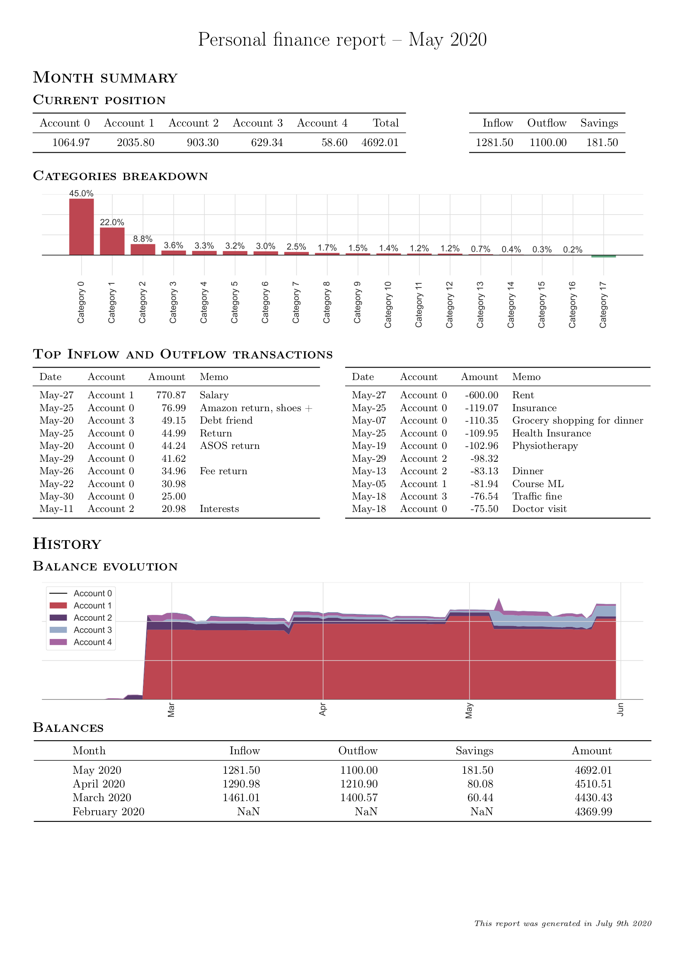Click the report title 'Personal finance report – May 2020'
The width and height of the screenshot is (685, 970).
pyautogui.click(x=342, y=40)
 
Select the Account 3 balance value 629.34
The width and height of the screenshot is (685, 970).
pyautogui.click(x=267, y=142)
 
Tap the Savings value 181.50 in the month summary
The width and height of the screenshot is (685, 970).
pyautogui.click(x=602, y=142)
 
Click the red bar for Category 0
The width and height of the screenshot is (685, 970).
pyautogui.click(x=82, y=227)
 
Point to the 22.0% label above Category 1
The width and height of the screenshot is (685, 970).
pyautogui.click(x=112, y=222)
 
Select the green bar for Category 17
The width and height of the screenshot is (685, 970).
pyautogui.click(x=603, y=256)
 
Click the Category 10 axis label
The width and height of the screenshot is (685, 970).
pyautogui.click(x=388, y=305)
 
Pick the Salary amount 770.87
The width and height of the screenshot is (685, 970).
pyautogui.click(x=171, y=395)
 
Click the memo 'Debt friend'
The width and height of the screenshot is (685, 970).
pyautogui.click(x=226, y=420)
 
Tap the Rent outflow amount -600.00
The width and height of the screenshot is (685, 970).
pyautogui.click(x=482, y=395)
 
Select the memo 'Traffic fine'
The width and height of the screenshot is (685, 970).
pyautogui.click(x=537, y=496)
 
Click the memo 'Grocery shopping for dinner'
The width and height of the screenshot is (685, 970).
pyautogui.click(x=577, y=421)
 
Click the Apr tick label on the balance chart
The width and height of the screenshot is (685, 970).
pyautogui.click(x=323, y=709)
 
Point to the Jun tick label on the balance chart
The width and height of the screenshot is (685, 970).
pyautogui.click(x=620, y=709)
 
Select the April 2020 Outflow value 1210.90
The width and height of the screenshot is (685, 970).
pyautogui.click(x=359, y=784)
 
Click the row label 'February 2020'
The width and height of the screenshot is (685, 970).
pyautogui.click(x=109, y=812)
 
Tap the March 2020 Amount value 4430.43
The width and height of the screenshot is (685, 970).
pyautogui.click(x=593, y=798)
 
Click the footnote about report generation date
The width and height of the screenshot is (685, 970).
pyautogui.click(x=563, y=923)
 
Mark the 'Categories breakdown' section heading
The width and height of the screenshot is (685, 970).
pyautogui.click(x=120, y=176)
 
